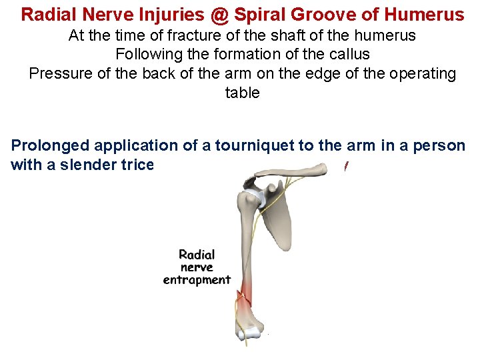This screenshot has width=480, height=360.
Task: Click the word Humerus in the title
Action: (427, 13)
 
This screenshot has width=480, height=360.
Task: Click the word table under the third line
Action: (242, 92)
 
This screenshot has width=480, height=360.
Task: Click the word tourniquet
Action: (255, 145)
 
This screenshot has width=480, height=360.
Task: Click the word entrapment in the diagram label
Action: (197, 280)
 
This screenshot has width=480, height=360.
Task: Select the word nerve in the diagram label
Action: (197, 267)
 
